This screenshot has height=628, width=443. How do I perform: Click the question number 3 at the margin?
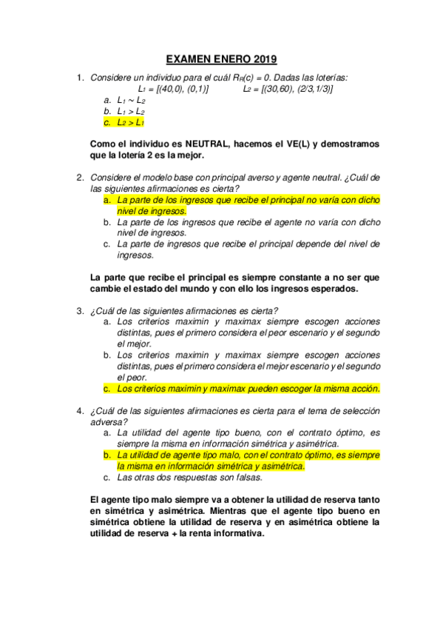[x=81, y=311]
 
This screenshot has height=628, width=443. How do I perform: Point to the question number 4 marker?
[x=81, y=411]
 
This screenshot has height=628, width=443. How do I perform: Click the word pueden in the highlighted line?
[x=240, y=388]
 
